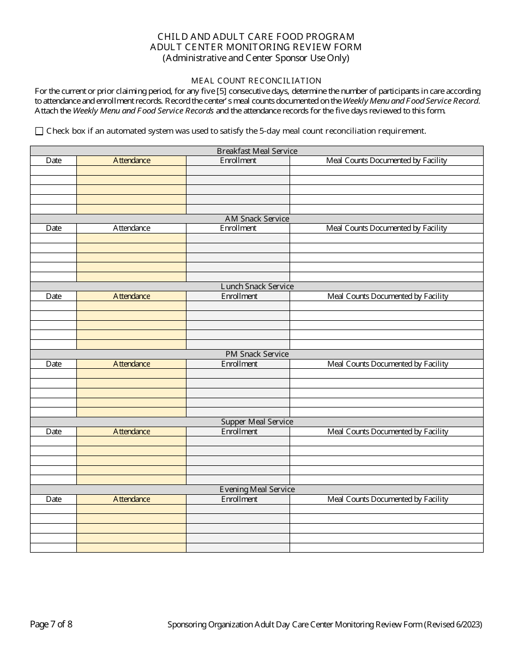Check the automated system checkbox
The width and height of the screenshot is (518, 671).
click(x=39, y=131)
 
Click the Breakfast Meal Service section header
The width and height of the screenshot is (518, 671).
click(x=257, y=151)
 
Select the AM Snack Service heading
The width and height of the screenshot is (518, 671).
click(x=257, y=219)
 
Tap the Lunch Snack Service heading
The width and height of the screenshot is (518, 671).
click(x=257, y=286)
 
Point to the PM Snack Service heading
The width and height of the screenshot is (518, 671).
click(x=257, y=354)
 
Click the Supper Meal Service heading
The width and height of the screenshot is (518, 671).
click(x=257, y=422)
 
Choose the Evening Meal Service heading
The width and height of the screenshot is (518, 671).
click(x=257, y=489)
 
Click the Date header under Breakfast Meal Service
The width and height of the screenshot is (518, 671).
click(x=53, y=160)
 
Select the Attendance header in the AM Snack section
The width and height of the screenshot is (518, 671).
click(x=131, y=228)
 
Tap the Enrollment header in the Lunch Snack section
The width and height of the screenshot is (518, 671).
click(x=239, y=296)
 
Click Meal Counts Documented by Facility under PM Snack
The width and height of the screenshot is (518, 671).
click(x=387, y=364)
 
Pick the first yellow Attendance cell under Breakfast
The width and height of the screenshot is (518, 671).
click(x=131, y=170)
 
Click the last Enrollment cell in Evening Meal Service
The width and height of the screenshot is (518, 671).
click(x=238, y=548)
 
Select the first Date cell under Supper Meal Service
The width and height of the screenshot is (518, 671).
click(x=53, y=441)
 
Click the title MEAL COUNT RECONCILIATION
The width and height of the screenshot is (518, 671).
click(x=256, y=81)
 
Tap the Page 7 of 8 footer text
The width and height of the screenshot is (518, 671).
click(x=51, y=625)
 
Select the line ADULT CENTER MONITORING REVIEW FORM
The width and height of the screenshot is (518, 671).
click(x=256, y=47)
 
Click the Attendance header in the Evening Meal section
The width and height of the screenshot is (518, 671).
click(x=131, y=499)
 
